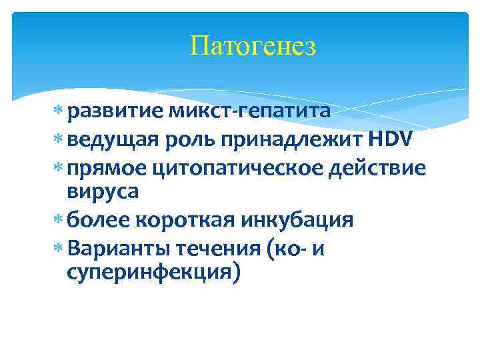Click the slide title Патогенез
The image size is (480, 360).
click(253, 47)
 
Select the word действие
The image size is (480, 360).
click(377, 167)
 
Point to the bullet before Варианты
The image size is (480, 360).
click(59, 247)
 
